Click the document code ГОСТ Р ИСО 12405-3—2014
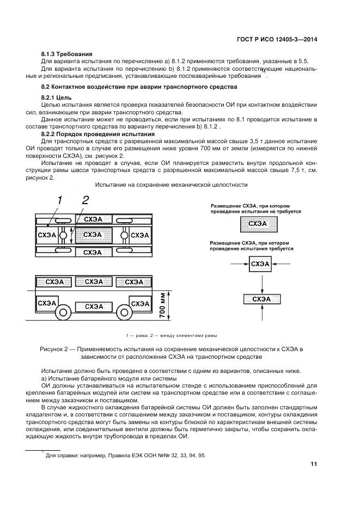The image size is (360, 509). click(278, 39)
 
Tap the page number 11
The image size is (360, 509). click(314, 464)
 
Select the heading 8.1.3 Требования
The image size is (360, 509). click(67, 54)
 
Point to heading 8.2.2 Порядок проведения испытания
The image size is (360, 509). click(98, 133)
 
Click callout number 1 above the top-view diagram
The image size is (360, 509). click(59, 200)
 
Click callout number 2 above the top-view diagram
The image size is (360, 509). click(85, 200)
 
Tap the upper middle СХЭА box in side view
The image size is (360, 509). click(94, 281)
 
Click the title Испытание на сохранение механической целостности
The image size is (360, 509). click(171, 185)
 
